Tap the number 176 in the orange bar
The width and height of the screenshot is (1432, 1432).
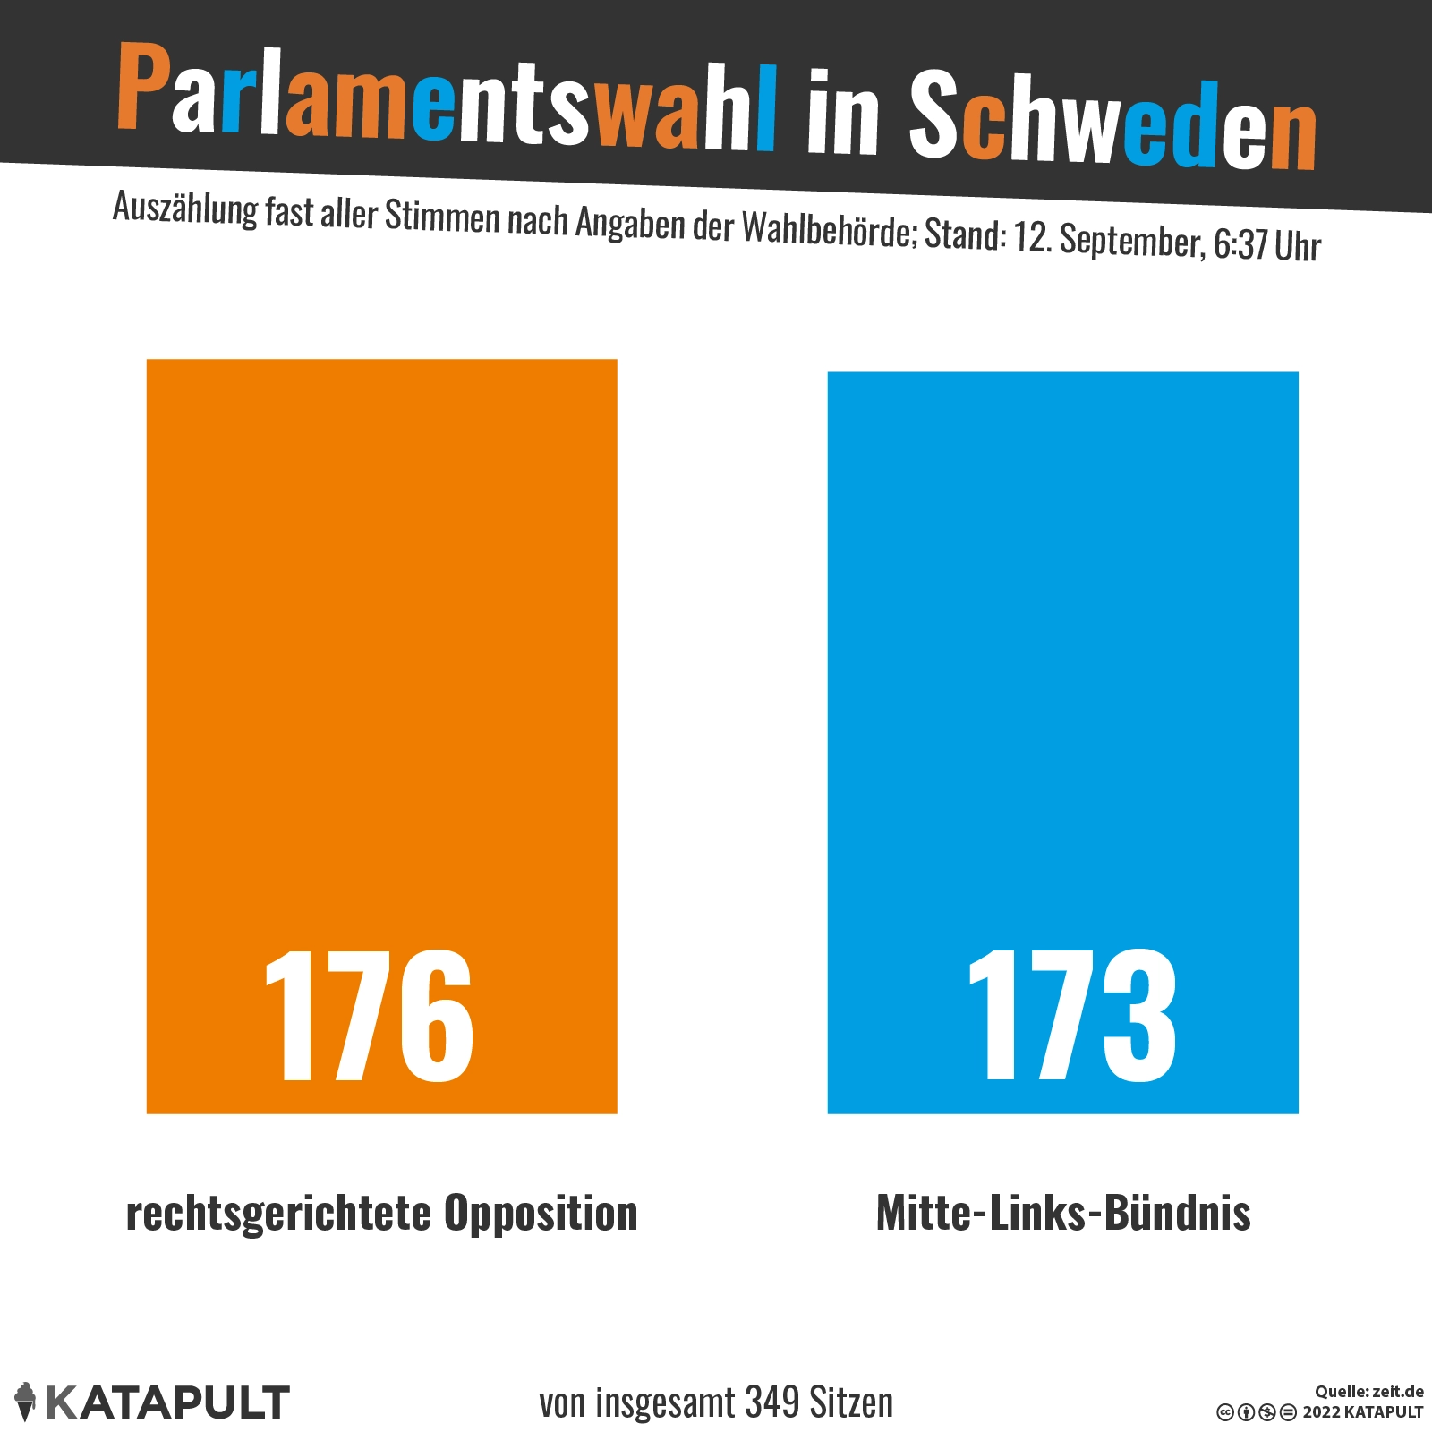point(369,1016)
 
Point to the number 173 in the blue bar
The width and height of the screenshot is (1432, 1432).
point(1072,1016)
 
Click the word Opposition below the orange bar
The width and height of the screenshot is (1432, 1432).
point(541,1214)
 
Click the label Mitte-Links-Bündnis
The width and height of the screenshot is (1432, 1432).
point(1063,1214)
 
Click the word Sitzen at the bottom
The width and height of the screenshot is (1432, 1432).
point(850,1402)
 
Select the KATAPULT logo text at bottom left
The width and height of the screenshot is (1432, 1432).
point(167,1402)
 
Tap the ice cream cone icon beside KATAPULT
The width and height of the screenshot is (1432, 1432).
point(26,1401)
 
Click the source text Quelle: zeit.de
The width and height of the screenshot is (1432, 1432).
point(1368,1392)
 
